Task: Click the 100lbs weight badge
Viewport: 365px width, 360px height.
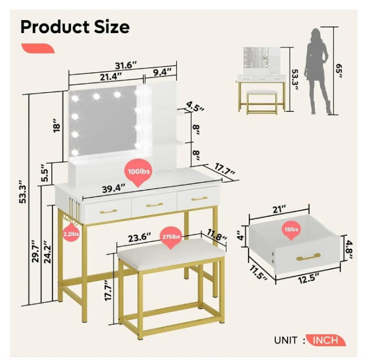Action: click(138, 172)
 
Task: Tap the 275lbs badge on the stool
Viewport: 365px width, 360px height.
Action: click(171, 237)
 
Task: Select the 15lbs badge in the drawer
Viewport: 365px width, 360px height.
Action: click(291, 230)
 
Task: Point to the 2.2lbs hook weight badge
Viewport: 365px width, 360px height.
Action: click(71, 233)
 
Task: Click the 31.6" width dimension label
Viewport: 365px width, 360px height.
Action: click(126, 65)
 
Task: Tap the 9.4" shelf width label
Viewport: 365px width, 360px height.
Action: click(162, 73)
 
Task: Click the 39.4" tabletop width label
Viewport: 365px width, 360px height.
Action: click(114, 188)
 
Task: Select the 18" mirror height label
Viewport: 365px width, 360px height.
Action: click(56, 125)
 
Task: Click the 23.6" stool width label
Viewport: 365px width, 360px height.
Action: click(140, 237)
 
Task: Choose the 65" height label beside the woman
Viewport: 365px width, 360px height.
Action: click(339, 71)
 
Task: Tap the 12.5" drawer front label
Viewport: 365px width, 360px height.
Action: click(309, 279)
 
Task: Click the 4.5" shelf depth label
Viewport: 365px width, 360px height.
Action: click(195, 106)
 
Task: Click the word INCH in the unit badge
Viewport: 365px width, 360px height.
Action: click(325, 340)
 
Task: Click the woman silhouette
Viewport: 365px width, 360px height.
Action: click(318, 71)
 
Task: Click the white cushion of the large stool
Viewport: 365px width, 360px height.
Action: click(172, 254)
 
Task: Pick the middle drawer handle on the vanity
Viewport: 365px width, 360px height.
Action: click(155, 205)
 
